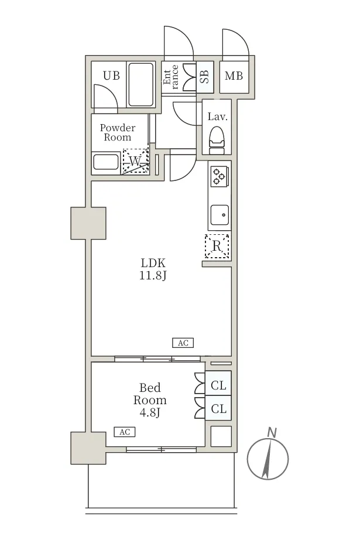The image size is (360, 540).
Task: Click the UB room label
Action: click(111, 76)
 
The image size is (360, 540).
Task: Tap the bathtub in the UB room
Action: click(140, 84)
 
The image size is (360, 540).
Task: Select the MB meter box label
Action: click(234, 76)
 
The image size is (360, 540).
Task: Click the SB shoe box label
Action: click(204, 77)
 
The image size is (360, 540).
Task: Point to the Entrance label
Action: click(171, 77)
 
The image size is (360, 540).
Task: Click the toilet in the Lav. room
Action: click(217, 140)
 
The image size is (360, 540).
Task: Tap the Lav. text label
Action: click(218, 117)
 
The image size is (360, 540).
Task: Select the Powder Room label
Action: click(117, 132)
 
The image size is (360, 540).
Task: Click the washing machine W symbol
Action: click(136, 161)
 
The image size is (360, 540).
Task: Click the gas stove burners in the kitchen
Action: click(218, 176)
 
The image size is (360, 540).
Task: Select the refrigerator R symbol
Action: click(217, 246)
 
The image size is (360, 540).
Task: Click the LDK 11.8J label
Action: click(153, 269)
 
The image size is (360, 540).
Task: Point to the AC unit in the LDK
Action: click(183, 343)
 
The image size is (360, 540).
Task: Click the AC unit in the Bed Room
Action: click(125, 432)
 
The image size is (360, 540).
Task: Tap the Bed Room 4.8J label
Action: click(150, 400)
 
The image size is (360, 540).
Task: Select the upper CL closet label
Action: click(218, 385)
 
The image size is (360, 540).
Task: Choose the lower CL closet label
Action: click(218, 409)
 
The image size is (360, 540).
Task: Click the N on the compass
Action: click(272, 432)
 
